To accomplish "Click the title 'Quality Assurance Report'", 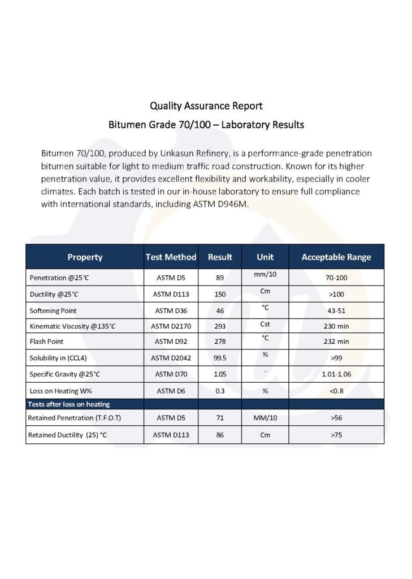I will (x=206, y=106).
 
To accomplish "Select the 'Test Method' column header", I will (x=171, y=257).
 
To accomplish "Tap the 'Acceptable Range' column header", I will (x=336, y=257).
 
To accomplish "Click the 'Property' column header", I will (x=85, y=257).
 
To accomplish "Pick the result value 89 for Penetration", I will (x=220, y=278).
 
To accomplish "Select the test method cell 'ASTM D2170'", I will (x=171, y=326).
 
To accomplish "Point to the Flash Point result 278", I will (x=220, y=342).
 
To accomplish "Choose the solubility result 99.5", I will (x=220, y=358).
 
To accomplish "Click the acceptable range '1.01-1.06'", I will (x=336, y=374).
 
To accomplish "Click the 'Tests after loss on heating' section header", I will (x=69, y=404).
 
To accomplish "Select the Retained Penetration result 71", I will (x=220, y=418).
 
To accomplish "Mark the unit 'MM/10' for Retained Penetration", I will (x=264, y=418).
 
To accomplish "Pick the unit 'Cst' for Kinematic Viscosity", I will (x=264, y=325).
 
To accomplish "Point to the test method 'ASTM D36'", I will (x=171, y=310).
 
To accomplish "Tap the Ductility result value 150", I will (x=220, y=294).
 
